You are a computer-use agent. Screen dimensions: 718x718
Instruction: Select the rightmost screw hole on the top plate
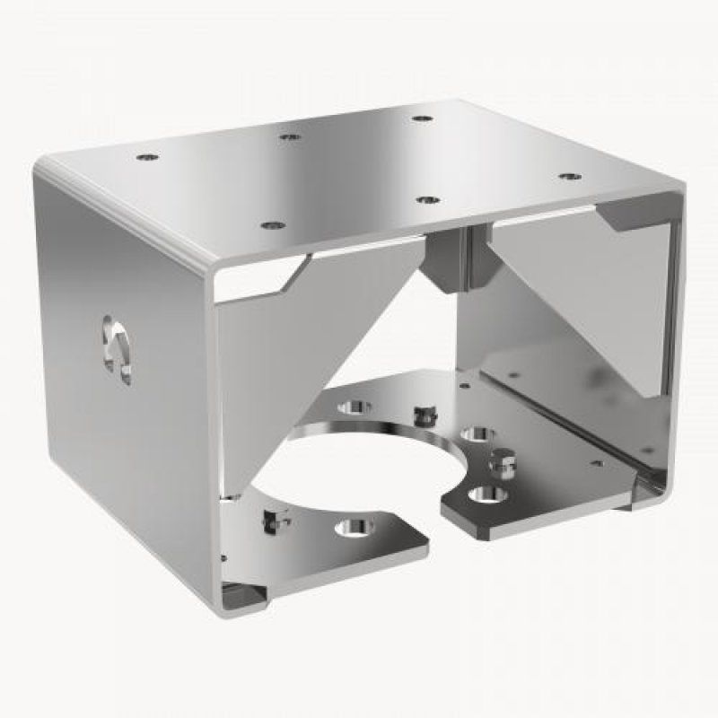tap(569, 177)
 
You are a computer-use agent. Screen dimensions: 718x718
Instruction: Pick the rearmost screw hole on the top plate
tap(420, 118)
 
